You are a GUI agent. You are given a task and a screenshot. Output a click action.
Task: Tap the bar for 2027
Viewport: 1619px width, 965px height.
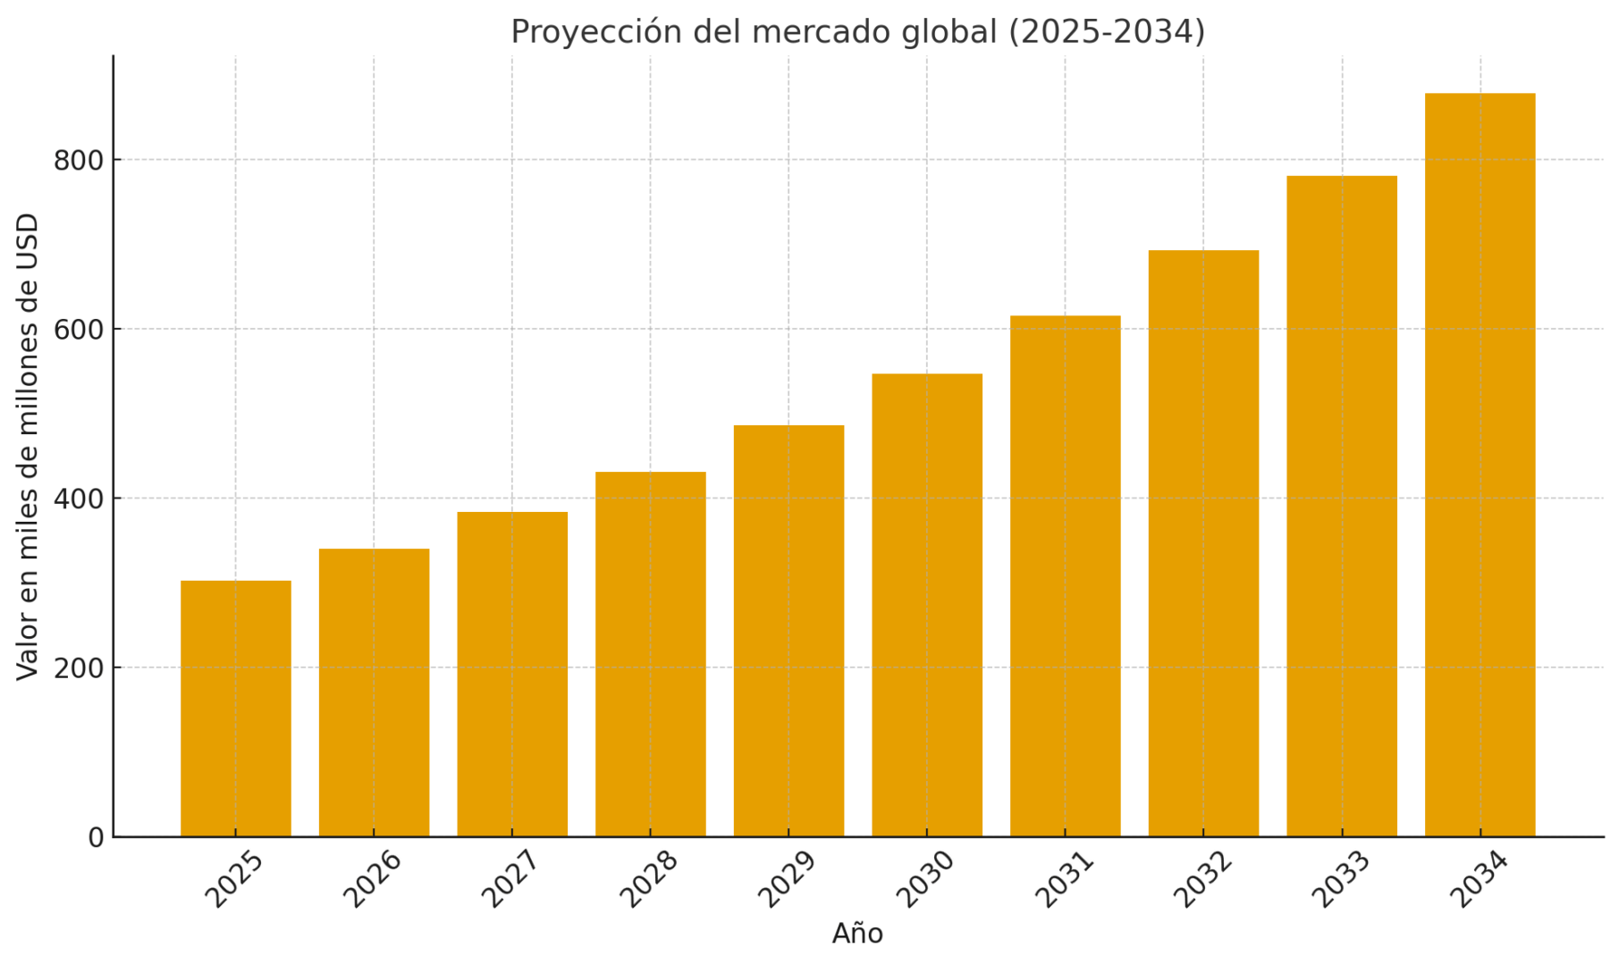[x=512, y=675]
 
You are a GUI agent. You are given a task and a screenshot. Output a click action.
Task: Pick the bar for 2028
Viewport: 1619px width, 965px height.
[x=651, y=654]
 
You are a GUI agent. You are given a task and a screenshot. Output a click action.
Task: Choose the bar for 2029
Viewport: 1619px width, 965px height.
[x=788, y=631]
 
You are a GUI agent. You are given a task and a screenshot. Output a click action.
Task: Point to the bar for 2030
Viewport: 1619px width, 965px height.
[x=927, y=605]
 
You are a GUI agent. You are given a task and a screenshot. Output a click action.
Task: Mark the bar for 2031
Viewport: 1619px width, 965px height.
[x=1066, y=576]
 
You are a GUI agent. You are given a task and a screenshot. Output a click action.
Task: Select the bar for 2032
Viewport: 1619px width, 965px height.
[x=1203, y=543]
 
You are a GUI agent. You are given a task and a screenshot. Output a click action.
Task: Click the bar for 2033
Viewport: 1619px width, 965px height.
[x=1342, y=506]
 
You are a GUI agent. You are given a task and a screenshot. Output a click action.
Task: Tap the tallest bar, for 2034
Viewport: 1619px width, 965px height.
[x=1480, y=465]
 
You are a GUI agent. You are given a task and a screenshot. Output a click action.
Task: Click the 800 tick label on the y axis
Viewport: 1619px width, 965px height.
[x=79, y=161]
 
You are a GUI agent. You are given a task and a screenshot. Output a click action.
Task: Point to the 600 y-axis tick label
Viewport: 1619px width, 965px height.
[x=79, y=330]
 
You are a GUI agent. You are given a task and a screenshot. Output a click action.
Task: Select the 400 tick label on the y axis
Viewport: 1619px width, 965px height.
[x=79, y=499]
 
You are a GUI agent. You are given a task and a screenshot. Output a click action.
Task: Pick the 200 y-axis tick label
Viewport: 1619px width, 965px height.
[x=79, y=668]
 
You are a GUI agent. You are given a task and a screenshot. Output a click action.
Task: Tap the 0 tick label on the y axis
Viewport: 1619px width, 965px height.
[x=96, y=838]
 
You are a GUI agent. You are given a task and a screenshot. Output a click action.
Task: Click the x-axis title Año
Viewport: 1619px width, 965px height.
[x=857, y=934]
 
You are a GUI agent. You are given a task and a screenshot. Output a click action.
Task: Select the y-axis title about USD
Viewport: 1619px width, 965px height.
[x=29, y=446]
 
